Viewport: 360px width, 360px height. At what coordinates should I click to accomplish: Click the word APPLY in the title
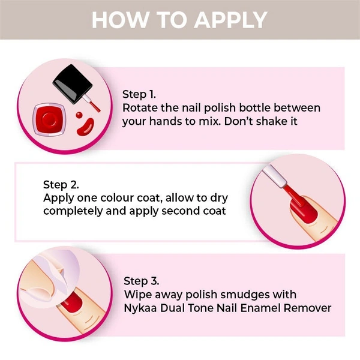coord(231,20)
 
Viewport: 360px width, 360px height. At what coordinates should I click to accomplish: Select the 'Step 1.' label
coord(139,95)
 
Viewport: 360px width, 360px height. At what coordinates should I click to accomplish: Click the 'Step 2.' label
coord(61,185)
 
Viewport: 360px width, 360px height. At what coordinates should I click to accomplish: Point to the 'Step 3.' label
coord(142,281)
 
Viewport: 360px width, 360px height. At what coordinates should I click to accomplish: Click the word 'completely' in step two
coord(73,211)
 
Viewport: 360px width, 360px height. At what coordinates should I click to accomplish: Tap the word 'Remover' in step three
coord(307,308)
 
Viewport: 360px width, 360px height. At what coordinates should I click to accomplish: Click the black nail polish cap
coord(73,84)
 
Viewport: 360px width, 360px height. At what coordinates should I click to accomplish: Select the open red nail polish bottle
coord(49,119)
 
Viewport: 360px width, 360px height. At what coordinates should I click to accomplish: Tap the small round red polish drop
coord(79,115)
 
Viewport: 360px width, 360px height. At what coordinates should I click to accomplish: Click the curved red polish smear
coord(85,127)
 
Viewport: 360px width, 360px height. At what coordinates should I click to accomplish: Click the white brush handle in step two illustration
coord(275,176)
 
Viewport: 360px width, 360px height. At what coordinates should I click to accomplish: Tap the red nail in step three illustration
coord(72,301)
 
